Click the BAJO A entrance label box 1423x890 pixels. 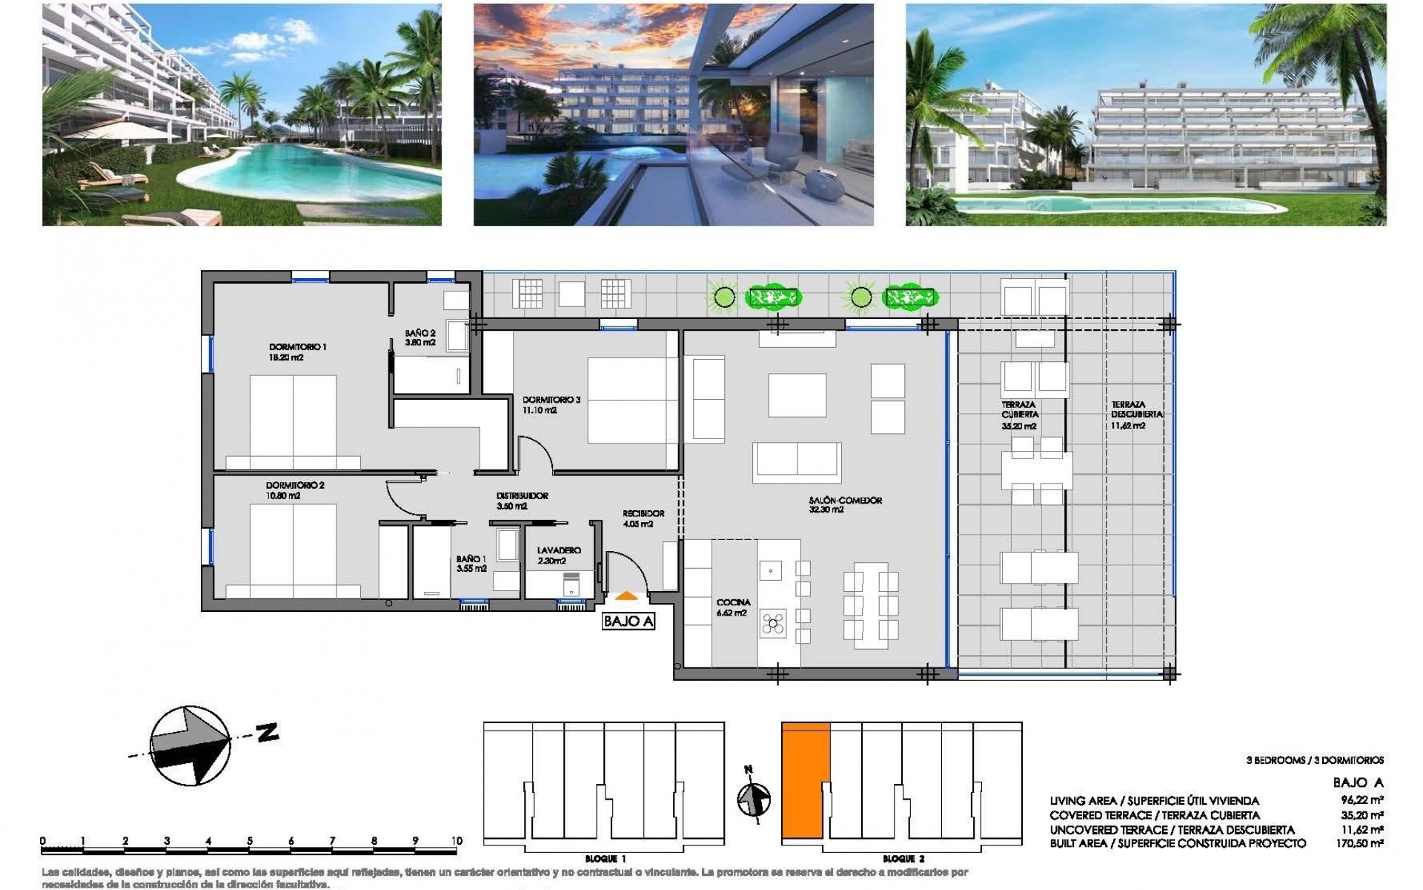pos(628,622)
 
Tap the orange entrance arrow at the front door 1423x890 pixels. pos(626,595)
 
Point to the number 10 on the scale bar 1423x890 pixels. pos(457,840)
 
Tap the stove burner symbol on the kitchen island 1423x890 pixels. pos(772,624)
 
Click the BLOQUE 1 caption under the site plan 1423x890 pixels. pos(606,858)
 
